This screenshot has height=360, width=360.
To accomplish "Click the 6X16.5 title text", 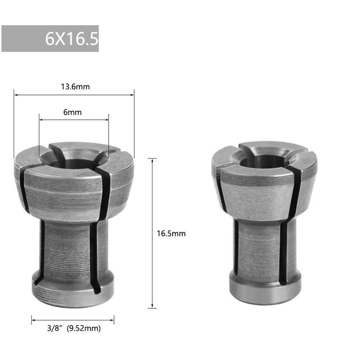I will tap(72, 38).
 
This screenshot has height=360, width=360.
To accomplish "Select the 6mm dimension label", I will tap(72, 112).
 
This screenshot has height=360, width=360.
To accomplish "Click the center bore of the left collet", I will tap(74, 160).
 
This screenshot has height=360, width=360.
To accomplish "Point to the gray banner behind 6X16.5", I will tap(22, 38).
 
